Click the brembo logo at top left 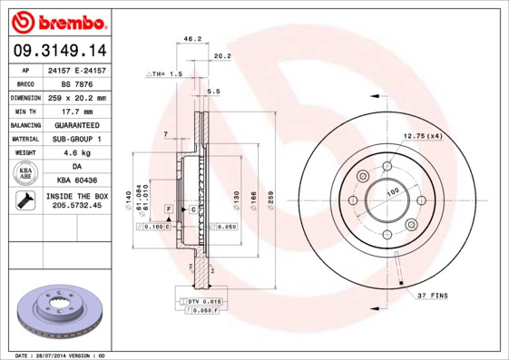point(60,21)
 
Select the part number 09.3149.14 point(60,51)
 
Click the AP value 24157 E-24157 point(75,70)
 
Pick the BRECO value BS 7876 point(75,83)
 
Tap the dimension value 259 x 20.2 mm point(75,98)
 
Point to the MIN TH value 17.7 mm point(75,112)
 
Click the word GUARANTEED point(75,125)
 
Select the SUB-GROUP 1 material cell point(75,139)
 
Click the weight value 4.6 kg point(75,153)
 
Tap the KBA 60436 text point(75,180)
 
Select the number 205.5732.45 point(76,207)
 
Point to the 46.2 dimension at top point(191,39)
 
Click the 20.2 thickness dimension point(221,55)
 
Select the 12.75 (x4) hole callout point(422,136)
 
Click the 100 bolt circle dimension point(393,191)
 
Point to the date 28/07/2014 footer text point(61,355)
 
